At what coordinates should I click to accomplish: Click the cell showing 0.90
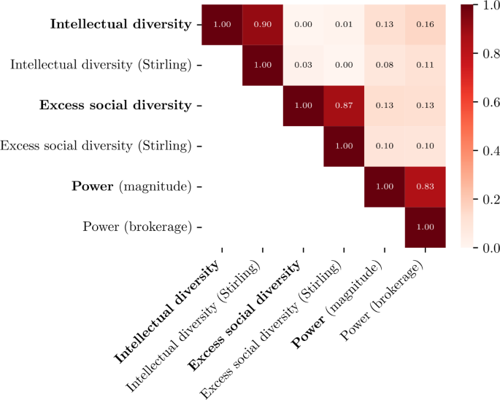pyautogui.click(x=263, y=24)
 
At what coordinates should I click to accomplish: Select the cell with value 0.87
pyautogui.click(x=344, y=105)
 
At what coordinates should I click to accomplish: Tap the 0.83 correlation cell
pyautogui.click(x=425, y=186)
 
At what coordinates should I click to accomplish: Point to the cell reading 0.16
pyautogui.click(x=425, y=24)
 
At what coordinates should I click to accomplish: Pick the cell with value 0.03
pyautogui.click(x=303, y=65)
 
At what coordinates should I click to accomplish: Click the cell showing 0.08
pyautogui.click(x=384, y=65)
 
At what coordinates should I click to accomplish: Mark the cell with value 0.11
pyautogui.click(x=425, y=65)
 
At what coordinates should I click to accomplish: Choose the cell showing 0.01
pyautogui.click(x=344, y=24)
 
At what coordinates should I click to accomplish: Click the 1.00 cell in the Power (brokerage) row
pyautogui.click(x=425, y=227)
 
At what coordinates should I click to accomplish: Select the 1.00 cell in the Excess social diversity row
pyautogui.click(x=303, y=105)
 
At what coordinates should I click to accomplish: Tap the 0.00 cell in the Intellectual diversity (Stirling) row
pyautogui.click(x=344, y=65)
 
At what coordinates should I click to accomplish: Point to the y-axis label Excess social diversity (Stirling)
pyautogui.click(x=96, y=146)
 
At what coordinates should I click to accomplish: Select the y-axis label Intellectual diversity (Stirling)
pyautogui.click(x=100, y=65)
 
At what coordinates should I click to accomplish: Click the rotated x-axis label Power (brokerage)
pyautogui.click(x=383, y=302)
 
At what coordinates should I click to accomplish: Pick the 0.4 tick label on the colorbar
pyautogui.click(x=490, y=151)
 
